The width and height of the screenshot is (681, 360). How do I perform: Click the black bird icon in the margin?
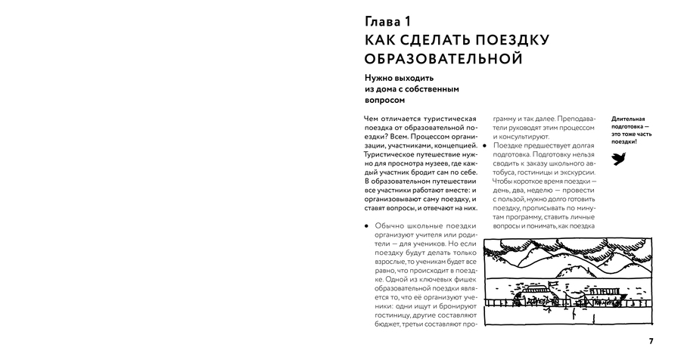pyautogui.click(x=618, y=158)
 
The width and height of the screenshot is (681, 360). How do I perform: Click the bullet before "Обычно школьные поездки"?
pyautogui.click(x=367, y=225)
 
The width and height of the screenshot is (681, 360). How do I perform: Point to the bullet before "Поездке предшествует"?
pyautogui.click(x=487, y=144)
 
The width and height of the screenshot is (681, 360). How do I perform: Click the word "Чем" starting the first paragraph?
pyautogui.click(x=372, y=119)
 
